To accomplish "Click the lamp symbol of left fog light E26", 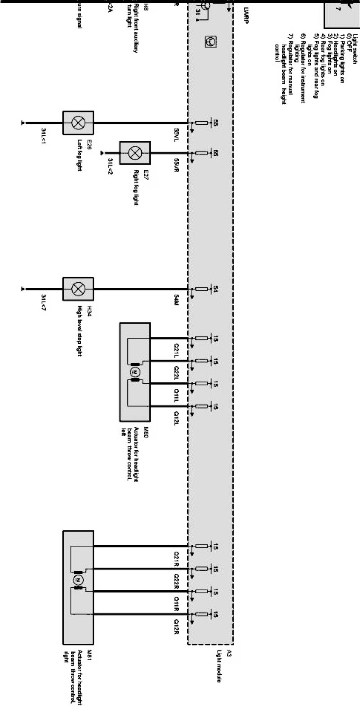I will tap(78, 123).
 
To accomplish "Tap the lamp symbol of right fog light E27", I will tap(135, 153).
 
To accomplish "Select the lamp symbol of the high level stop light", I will tap(78, 289).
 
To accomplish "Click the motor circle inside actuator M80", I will tap(135, 372).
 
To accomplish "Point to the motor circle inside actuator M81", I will tap(78, 579).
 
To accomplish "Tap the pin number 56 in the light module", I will tap(215, 153).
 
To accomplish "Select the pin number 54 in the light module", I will tap(215, 289).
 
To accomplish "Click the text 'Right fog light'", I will tap(136, 188).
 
